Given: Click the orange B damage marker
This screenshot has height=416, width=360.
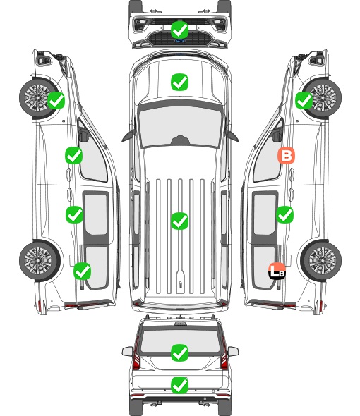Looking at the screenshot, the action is pyautogui.click(x=286, y=155).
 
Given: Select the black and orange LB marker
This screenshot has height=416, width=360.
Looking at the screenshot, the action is pyautogui.click(x=277, y=271).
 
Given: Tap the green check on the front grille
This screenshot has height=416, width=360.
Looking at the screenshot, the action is pyautogui.click(x=179, y=30).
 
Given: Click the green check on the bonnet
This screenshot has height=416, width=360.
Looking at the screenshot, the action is pyautogui.click(x=179, y=82).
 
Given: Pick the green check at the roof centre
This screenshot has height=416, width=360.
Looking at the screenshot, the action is pyautogui.click(x=179, y=221).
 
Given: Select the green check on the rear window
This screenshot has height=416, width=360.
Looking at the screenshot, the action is pyautogui.click(x=179, y=353).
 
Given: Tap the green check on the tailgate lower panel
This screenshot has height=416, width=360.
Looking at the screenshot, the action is pyautogui.click(x=179, y=385).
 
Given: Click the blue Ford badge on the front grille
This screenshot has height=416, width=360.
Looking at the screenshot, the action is pyautogui.click(x=180, y=41).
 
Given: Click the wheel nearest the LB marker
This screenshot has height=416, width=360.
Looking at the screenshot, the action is pyautogui.click(x=321, y=260).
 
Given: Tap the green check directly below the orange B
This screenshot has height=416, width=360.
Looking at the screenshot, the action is pyautogui.click(x=284, y=214).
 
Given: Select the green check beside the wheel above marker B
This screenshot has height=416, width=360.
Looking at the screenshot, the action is pyautogui.click(x=304, y=101).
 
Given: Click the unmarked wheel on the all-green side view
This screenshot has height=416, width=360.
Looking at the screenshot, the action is pyautogui.click(x=40, y=261).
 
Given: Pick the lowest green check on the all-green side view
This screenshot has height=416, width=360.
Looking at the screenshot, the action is pyautogui.click(x=83, y=271).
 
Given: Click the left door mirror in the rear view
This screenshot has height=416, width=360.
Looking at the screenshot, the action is pyautogui.click(x=127, y=352).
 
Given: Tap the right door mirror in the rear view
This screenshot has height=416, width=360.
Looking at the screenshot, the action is pyautogui.click(x=233, y=352).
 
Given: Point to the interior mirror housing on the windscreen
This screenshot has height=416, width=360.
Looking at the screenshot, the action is pyautogui.click(x=180, y=140).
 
